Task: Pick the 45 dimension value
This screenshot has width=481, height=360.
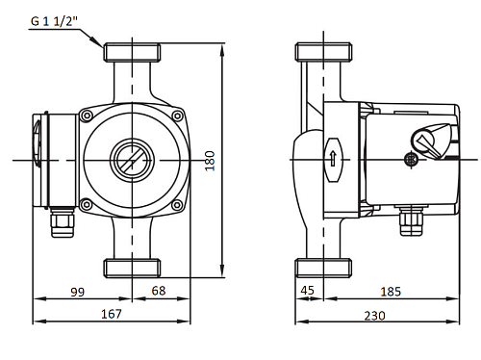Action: click(308, 290)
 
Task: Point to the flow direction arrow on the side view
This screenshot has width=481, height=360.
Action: click(332, 158)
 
